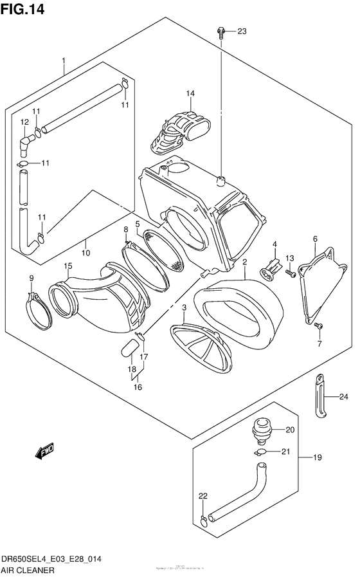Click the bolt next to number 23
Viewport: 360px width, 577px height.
[x=221, y=31]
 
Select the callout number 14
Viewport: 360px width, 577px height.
[x=190, y=93]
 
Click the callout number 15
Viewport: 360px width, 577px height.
[x=67, y=266]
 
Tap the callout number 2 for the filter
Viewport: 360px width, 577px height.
[x=245, y=262]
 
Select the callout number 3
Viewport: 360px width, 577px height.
[x=184, y=308]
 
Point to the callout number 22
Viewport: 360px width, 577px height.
[x=203, y=496]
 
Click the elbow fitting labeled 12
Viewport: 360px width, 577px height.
[x=26, y=143]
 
